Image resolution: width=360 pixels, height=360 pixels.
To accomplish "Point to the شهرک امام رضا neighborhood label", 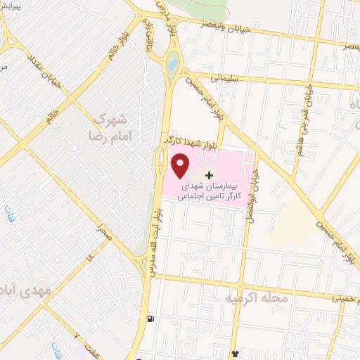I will coord(110,124).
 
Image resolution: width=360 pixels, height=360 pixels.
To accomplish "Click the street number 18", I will coord(89,259).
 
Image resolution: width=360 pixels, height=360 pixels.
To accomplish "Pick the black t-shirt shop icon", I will coord(236,353).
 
